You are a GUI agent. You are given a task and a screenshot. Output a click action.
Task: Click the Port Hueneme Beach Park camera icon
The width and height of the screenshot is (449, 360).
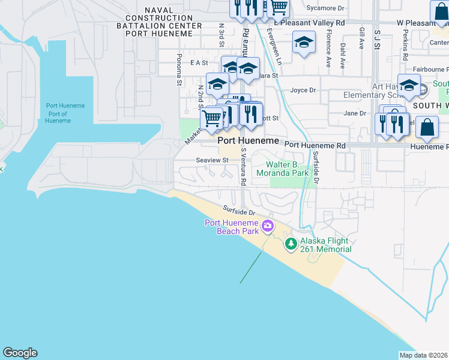coord(268,227)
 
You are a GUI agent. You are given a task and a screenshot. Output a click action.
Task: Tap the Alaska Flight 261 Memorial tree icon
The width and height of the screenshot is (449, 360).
coord(291,244)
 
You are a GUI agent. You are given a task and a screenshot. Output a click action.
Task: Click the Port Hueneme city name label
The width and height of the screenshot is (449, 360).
coord(248,140)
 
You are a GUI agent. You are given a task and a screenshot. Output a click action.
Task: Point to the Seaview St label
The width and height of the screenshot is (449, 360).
coord(212,160)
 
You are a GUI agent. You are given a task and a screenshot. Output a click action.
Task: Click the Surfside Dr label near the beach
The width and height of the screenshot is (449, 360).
coord(240,212)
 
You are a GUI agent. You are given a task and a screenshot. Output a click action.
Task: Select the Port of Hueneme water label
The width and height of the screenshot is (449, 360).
coord(65,113)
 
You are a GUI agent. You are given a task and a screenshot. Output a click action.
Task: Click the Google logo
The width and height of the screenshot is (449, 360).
coord(20,353)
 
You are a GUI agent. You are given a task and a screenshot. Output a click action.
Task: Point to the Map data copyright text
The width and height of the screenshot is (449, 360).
coord(424,355)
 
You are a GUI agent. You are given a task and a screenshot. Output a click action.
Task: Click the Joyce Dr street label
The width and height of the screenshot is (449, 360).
coord(303,91)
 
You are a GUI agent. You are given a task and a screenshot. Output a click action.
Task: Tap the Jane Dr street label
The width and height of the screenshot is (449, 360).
coord(354,113)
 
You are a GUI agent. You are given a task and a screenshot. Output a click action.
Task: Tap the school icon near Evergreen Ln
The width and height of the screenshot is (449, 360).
coord(304,43)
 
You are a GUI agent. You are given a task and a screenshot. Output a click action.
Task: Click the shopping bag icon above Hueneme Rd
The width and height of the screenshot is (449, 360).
coord(426,127)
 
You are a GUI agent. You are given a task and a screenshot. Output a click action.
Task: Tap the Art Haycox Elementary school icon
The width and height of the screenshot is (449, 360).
coord(409,85)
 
